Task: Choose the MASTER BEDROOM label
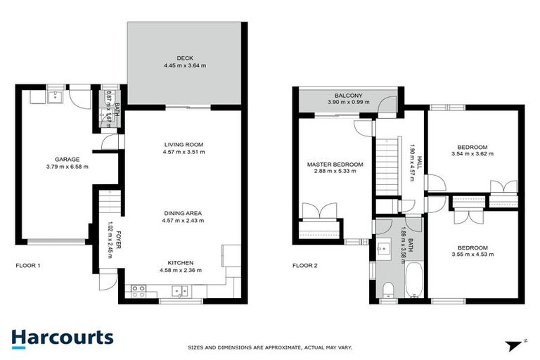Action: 335,165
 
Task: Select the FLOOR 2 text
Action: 306,266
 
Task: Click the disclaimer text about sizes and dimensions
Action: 270,347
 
